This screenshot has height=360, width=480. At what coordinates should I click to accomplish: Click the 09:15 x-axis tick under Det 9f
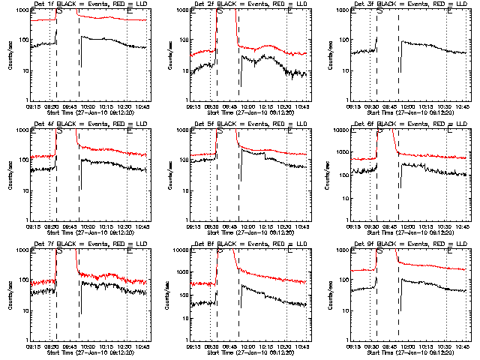pos(355,346)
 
